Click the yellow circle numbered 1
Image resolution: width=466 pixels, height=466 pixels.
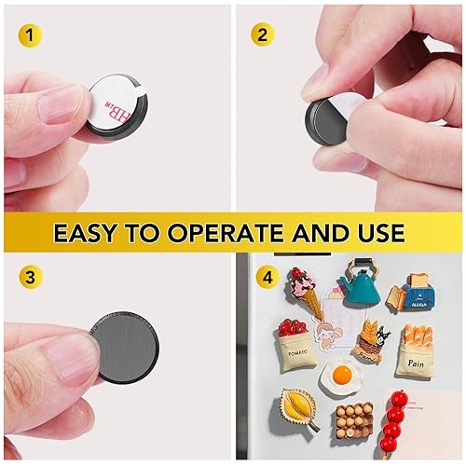(34, 36)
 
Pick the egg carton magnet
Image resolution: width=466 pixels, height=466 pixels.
(352, 421)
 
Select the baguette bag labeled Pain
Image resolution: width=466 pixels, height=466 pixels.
(416, 349)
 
